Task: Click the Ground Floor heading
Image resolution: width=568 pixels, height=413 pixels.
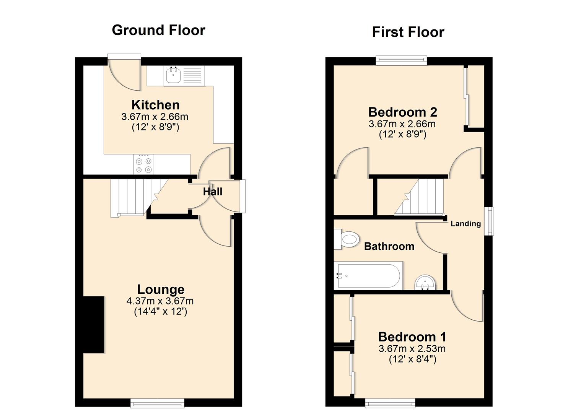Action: click(x=158, y=31)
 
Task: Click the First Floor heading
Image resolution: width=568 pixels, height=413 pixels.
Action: click(x=408, y=32)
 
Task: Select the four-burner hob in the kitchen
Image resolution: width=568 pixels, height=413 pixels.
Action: click(x=143, y=164)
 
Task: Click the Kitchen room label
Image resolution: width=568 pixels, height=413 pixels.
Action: click(x=155, y=105)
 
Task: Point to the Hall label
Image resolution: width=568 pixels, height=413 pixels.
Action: click(x=213, y=192)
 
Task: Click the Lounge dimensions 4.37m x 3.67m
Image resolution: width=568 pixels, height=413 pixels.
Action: click(x=160, y=301)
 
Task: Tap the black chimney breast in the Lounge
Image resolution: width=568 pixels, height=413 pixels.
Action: click(x=94, y=325)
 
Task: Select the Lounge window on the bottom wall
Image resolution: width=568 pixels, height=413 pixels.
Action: click(x=158, y=403)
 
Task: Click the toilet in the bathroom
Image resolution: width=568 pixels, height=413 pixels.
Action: click(x=347, y=239)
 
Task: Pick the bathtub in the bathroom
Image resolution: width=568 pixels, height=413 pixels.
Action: click(x=368, y=276)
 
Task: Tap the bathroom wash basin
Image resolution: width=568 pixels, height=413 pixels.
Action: click(x=426, y=283)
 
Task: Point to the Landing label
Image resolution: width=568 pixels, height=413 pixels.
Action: click(x=465, y=224)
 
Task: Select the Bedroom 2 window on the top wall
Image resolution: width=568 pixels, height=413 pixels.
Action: click(x=401, y=60)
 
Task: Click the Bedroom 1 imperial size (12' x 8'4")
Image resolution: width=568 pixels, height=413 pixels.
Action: click(x=412, y=359)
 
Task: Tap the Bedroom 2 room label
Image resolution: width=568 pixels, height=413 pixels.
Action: click(x=403, y=112)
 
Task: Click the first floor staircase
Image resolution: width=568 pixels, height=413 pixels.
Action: click(x=418, y=197)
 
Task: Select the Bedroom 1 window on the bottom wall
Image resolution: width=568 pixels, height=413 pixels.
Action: click(x=390, y=403)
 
